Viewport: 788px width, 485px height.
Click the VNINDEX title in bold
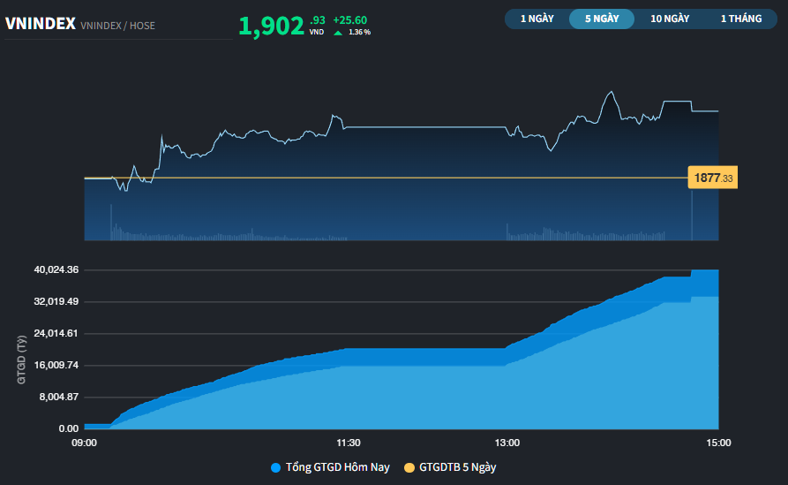tap(40, 24)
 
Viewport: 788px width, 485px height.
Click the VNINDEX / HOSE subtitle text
tap(117, 26)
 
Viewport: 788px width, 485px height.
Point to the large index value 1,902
tap(271, 27)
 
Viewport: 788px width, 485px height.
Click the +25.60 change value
tap(350, 20)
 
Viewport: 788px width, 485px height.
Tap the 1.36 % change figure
tap(360, 33)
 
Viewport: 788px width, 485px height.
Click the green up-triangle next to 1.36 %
tap(338, 33)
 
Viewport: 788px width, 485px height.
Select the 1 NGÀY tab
tap(537, 19)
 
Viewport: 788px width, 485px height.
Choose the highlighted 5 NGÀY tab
tap(602, 19)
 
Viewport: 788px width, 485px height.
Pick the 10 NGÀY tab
tap(670, 19)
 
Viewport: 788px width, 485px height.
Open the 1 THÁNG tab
tap(740, 19)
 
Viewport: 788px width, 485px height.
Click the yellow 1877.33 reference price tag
tap(713, 178)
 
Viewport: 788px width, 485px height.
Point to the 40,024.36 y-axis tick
tap(55, 269)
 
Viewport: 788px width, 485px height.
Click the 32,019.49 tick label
tap(55, 301)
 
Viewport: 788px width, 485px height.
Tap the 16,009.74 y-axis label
tap(55, 365)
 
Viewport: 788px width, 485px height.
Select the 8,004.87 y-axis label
tap(57, 397)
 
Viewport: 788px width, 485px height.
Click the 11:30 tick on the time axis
tap(349, 443)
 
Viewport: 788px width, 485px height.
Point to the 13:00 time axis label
tap(507, 443)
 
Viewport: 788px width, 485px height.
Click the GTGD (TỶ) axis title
tap(20, 360)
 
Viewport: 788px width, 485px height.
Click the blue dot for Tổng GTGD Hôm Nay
tap(275, 467)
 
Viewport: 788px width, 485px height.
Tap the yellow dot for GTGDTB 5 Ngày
tap(409, 467)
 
